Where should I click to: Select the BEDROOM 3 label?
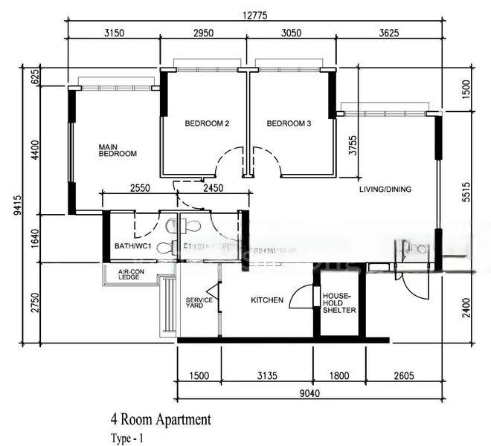[289, 123]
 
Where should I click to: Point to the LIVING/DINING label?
[385, 190]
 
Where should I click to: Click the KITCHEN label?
[266, 300]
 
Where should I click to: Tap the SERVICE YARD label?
[199, 303]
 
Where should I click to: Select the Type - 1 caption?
[126, 438]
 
